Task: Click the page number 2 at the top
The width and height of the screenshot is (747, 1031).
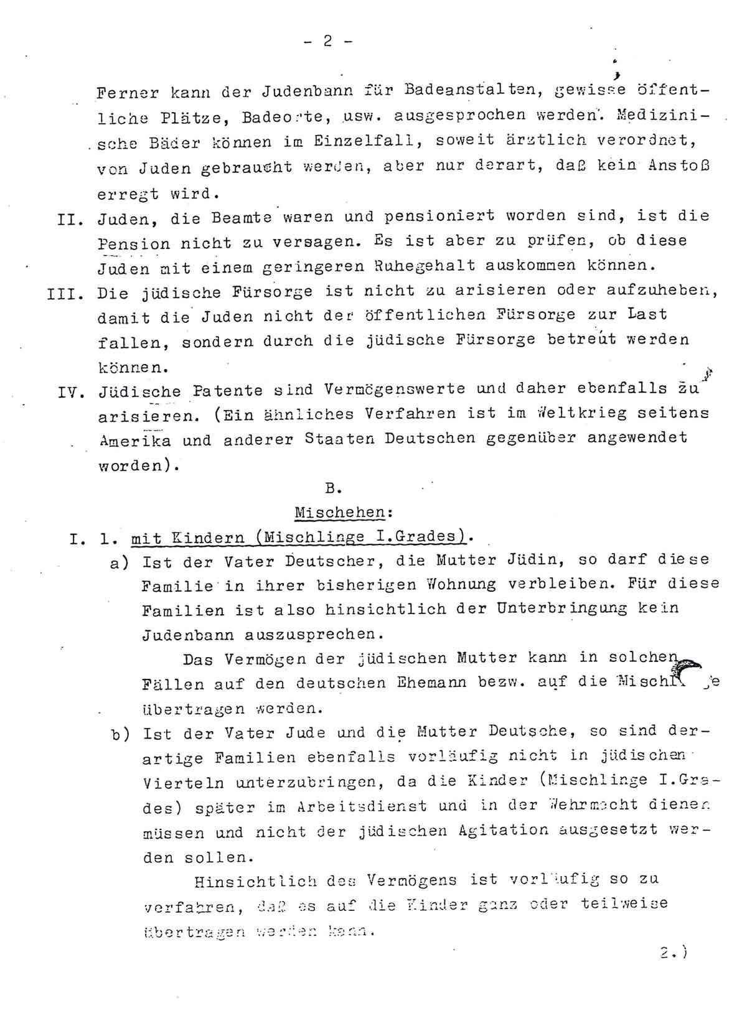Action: coord(328,41)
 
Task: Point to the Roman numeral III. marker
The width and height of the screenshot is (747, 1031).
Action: coord(65,292)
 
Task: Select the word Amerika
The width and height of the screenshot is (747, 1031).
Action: coord(133,440)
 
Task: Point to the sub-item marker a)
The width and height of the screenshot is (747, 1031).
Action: coord(118,561)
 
